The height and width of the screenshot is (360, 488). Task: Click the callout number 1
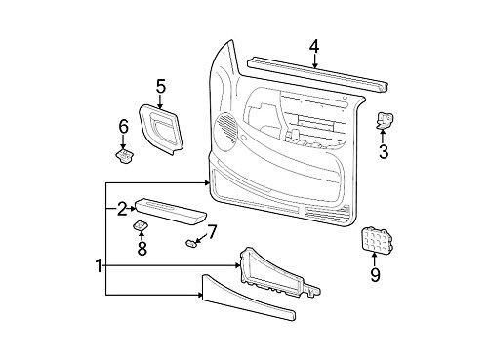coord(98,264)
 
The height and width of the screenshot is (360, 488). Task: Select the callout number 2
coord(121,207)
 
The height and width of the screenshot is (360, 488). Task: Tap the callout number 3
coord(384,151)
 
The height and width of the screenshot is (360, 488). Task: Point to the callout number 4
coord(314,45)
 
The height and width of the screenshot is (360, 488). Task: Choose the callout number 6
coord(123,126)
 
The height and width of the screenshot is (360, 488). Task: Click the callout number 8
coord(142,248)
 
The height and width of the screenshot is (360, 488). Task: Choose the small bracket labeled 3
coord(384,120)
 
